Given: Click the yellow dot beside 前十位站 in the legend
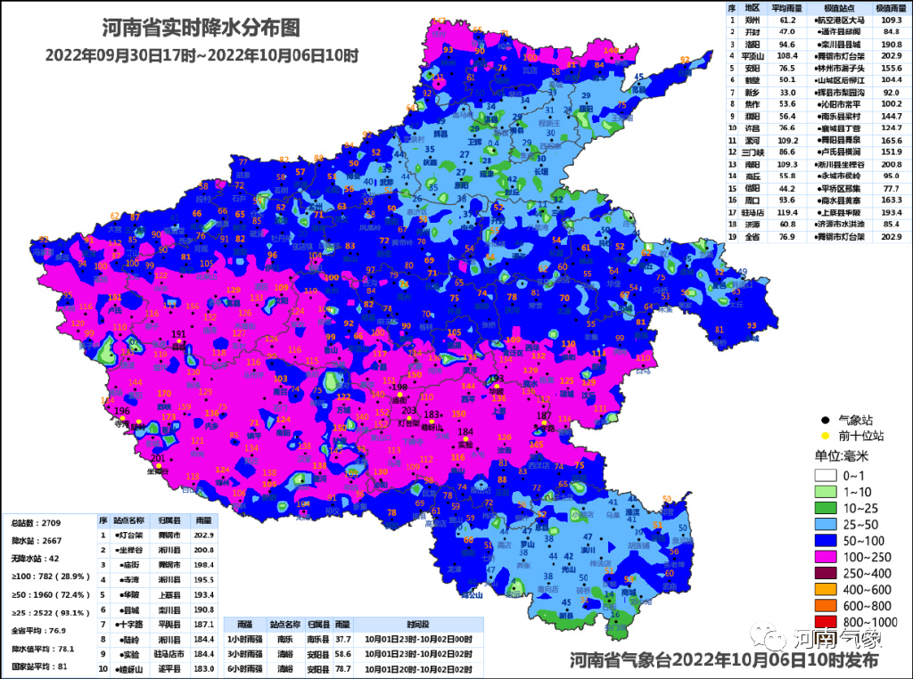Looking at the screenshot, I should click(x=826, y=437).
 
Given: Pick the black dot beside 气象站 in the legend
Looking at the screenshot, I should click(x=826, y=420).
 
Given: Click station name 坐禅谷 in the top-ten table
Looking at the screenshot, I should click(x=130, y=550).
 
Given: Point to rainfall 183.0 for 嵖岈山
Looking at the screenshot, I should click(x=203, y=667).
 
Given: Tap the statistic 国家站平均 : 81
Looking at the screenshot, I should click(x=41, y=667).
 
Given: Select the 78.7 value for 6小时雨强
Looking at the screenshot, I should click(x=341, y=667).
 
